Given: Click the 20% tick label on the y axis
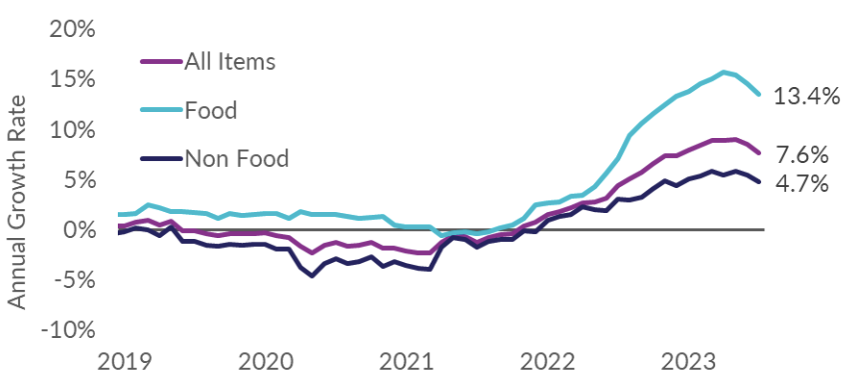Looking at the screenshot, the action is click(x=72, y=30).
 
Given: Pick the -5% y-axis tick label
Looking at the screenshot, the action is click(x=74, y=281).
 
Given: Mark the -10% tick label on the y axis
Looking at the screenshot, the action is click(x=68, y=330).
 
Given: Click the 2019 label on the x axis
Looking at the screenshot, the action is click(x=124, y=363).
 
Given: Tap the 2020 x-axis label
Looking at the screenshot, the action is click(x=266, y=363).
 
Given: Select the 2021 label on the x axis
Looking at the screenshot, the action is click(x=407, y=363).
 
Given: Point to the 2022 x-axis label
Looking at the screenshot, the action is click(x=547, y=363).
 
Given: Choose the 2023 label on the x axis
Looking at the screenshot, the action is click(x=689, y=363).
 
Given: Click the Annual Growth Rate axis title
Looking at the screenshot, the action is click(x=18, y=202).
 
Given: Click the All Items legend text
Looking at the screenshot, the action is click(x=230, y=61).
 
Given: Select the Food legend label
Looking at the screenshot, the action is click(x=211, y=110).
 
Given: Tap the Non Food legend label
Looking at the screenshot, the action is click(x=237, y=159).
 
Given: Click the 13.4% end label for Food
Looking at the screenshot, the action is click(x=807, y=96).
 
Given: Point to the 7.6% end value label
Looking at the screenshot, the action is click(x=802, y=156).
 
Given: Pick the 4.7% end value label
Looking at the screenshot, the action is click(x=802, y=184).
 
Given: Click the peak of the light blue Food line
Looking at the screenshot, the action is click(x=723, y=72).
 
